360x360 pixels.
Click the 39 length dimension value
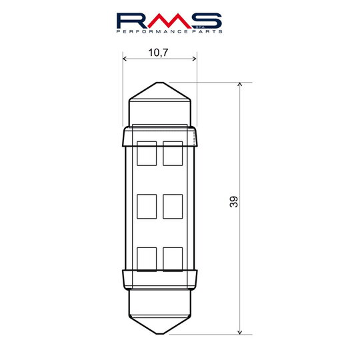(233, 202)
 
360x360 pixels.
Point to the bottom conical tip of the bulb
(160, 324)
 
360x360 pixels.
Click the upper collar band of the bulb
(160, 137)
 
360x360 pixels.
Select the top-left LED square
(147, 153)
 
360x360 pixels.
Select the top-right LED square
(173, 153)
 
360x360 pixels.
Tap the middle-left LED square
(147, 206)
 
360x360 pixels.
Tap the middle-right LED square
(173, 206)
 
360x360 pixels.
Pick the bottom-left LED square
(147, 259)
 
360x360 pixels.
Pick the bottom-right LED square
(173, 259)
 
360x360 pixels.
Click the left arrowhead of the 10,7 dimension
(127, 59)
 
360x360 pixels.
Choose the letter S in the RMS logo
(207, 20)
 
